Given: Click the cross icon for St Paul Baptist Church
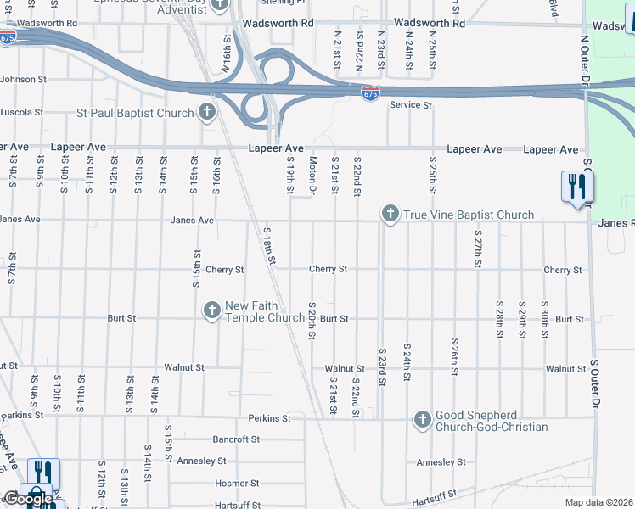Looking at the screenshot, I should click(x=206, y=112).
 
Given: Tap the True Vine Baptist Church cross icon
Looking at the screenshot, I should click(x=390, y=214).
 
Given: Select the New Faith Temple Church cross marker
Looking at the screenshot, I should click(x=211, y=311).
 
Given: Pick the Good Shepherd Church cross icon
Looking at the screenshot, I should click(x=422, y=419).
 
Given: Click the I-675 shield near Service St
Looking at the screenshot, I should click(x=370, y=93).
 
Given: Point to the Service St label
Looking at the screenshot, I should click(x=411, y=105).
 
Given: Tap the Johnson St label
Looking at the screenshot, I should click(x=23, y=80).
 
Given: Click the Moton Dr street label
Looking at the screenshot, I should click(x=312, y=176).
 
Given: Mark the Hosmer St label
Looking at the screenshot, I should click(x=238, y=483).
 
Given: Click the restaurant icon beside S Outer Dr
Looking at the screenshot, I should click(x=577, y=187).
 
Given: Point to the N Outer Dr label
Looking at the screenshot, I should click(x=585, y=59).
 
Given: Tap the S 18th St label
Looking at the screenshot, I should click(x=270, y=246).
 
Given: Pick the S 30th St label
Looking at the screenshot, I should click(x=544, y=320).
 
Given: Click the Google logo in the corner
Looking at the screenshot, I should click(x=27, y=499).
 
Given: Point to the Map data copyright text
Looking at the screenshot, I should click(x=599, y=502).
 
